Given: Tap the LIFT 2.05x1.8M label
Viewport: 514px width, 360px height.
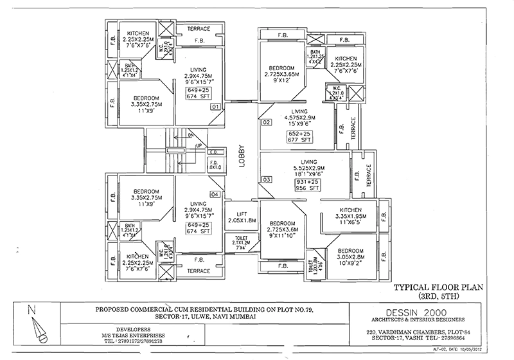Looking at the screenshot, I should [242, 217].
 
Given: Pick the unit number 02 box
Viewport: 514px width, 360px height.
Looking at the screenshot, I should [267, 122].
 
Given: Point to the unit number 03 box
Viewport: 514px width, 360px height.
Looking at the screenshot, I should [267, 180].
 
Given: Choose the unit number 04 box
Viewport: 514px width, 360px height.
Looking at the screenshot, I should [215, 194].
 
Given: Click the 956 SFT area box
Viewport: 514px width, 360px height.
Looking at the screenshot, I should [297, 187].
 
